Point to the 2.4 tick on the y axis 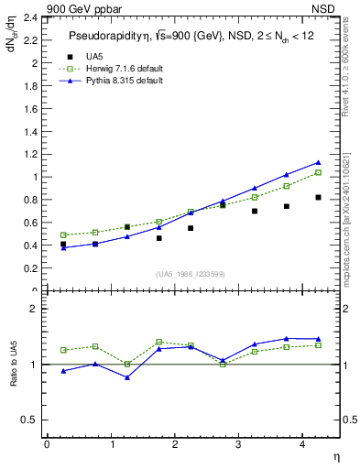pos(27,17)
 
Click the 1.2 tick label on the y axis pos(27,154)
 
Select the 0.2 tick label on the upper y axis pos(27,268)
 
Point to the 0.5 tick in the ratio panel pos(27,420)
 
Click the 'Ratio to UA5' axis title pos(14,364)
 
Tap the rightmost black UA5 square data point pos(318,197)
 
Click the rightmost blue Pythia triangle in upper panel pos(318,162)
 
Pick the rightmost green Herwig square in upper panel pos(318,172)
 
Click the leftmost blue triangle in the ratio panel pos(63,370)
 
